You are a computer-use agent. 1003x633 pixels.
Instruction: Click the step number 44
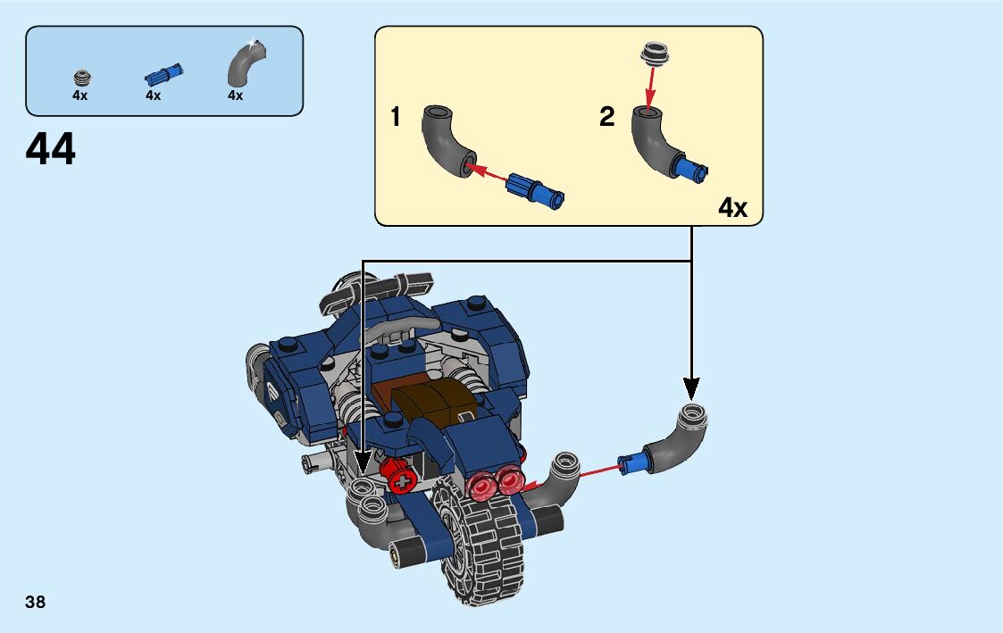click(x=51, y=150)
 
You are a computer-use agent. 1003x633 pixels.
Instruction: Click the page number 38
click(x=36, y=602)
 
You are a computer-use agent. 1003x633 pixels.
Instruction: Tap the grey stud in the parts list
click(x=82, y=76)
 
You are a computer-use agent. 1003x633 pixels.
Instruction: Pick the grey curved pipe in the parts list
click(x=242, y=63)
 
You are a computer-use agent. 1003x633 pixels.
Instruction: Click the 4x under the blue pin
click(x=153, y=96)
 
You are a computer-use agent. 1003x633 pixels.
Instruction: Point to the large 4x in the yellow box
click(x=732, y=208)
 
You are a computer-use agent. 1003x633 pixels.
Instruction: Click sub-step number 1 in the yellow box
click(x=395, y=117)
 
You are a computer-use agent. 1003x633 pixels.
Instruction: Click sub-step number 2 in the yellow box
click(x=607, y=117)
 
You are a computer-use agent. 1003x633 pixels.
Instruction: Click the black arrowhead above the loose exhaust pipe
click(x=691, y=388)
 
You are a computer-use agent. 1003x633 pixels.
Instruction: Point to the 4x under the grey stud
click(x=80, y=96)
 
